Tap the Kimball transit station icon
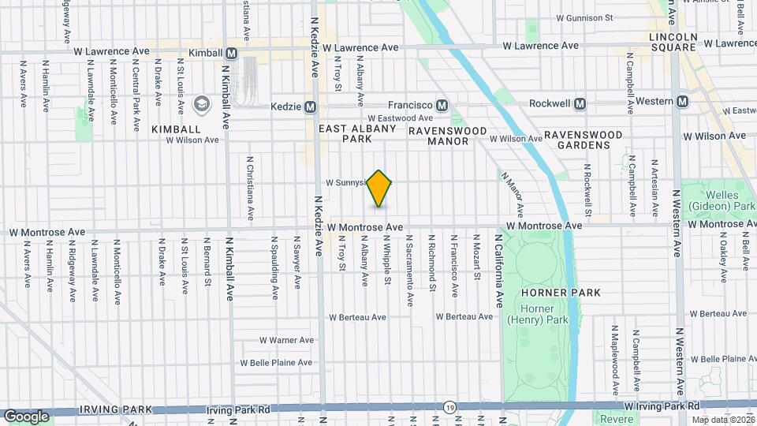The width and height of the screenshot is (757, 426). tap(231, 54)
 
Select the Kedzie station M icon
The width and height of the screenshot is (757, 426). tap(311, 106)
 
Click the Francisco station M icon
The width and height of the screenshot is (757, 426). tap(442, 105)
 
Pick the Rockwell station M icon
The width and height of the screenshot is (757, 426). tap(580, 103)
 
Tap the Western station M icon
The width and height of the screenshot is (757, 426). tap(683, 101)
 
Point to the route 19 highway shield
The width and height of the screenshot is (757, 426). tap(448, 407)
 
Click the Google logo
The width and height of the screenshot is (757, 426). tap(26, 416)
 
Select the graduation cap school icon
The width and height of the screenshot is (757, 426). tap(201, 104)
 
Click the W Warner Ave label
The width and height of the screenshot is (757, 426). tap(286, 341)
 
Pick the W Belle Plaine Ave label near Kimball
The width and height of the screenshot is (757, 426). tap(276, 363)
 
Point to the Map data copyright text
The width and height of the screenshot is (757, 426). tap(722, 420)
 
